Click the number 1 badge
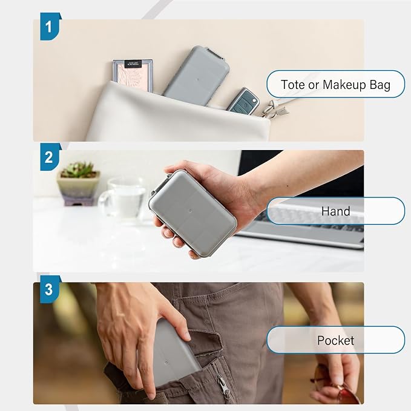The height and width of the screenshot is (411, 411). (x=50, y=27)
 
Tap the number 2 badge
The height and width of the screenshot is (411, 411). (x=50, y=157)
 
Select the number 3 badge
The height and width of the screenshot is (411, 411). (x=50, y=289)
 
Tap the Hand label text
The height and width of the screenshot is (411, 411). (x=335, y=211)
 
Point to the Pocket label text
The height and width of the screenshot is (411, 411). (x=335, y=340)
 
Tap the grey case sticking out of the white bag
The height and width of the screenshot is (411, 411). (x=197, y=75)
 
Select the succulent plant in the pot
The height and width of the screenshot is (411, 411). (x=77, y=170)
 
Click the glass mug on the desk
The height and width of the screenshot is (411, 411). (x=122, y=198)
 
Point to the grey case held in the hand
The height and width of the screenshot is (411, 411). (x=192, y=212)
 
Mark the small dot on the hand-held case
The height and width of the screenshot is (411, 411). (x=190, y=211)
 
